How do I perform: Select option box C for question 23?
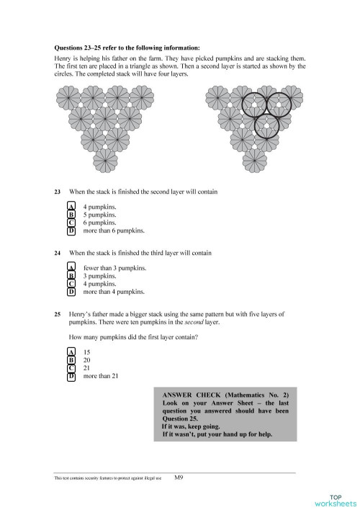71,223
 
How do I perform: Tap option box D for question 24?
71,292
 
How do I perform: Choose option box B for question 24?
71,276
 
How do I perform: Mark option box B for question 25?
71,359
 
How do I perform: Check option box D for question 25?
71,376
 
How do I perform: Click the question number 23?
58,192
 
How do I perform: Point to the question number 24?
58,254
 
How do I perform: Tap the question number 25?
58,314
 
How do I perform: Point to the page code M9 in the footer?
179,477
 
